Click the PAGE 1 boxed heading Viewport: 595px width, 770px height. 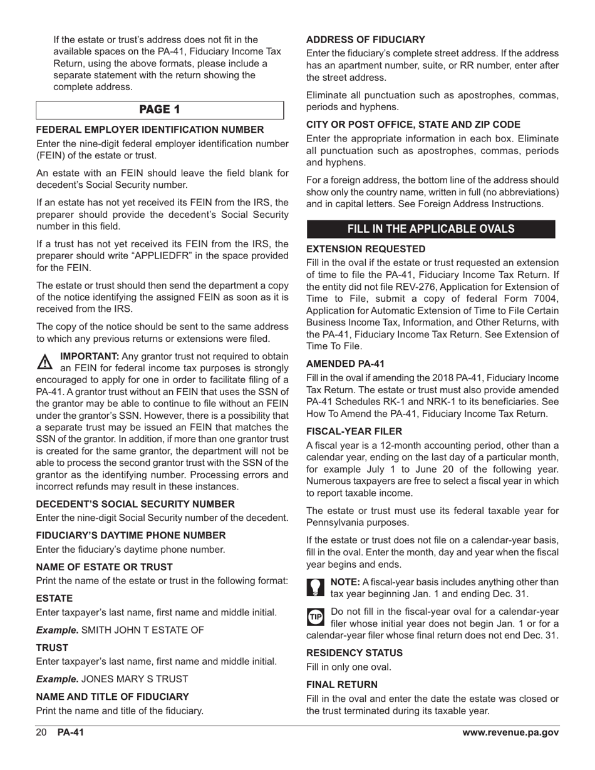tap(159, 110)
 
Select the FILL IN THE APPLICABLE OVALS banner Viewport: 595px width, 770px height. tap(430, 228)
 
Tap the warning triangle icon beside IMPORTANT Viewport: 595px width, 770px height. tap(46, 361)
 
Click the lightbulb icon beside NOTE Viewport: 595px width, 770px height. tap(316, 587)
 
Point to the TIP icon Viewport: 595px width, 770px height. tap(316, 617)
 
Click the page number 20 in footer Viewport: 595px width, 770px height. tap(42, 733)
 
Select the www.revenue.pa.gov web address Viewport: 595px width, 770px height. tap(510, 733)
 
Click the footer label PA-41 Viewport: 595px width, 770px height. tap(70, 733)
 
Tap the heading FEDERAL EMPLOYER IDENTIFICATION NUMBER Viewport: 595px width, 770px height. tap(150, 130)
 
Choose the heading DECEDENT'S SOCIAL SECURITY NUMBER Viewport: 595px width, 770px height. tap(135, 504)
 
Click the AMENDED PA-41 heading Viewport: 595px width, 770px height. tap(345, 364)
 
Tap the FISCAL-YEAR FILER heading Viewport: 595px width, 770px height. tap(354, 431)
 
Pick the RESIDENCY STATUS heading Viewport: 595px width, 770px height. tap(354, 652)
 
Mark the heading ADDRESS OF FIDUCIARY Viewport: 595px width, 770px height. tap(365, 39)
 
